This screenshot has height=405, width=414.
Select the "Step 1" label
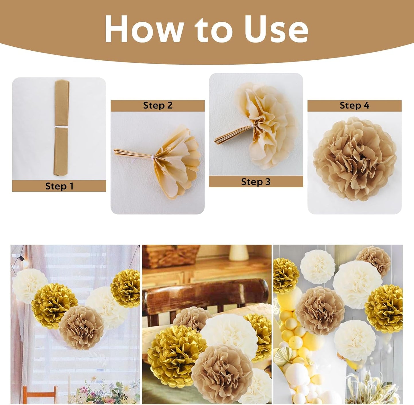click(x=59, y=186)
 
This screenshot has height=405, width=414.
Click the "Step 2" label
click(x=158, y=105)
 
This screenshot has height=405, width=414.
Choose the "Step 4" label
click(x=354, y=105)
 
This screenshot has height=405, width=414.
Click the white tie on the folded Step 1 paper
click(x=61, y=127)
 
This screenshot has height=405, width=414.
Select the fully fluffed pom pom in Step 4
click(x=354, y=159)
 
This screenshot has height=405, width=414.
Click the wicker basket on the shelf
click(x=171, y=256)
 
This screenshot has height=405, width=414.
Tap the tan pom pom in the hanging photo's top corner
click(x=373, y=261)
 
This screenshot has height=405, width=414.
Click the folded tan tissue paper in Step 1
click(x=61, y=128)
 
